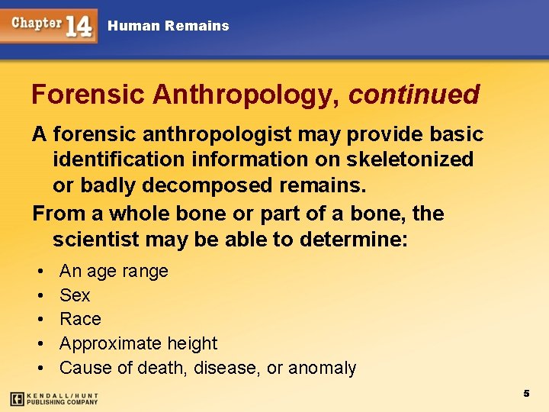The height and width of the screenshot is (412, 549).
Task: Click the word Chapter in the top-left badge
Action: (37, 22)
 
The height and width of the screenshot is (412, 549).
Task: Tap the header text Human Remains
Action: (168, 26)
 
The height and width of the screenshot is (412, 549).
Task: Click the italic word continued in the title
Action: (414, 95)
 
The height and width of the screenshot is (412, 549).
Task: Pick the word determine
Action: (354, 240)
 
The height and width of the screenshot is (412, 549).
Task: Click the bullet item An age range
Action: (114, 271)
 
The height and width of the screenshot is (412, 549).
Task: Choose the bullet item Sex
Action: (75, 295)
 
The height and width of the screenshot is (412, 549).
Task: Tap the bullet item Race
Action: (80, 319)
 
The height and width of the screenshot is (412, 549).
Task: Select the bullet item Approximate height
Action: (138, 343)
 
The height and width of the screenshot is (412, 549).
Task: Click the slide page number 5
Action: (526, 393)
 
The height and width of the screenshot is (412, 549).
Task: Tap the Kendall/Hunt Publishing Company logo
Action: (54, 398)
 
